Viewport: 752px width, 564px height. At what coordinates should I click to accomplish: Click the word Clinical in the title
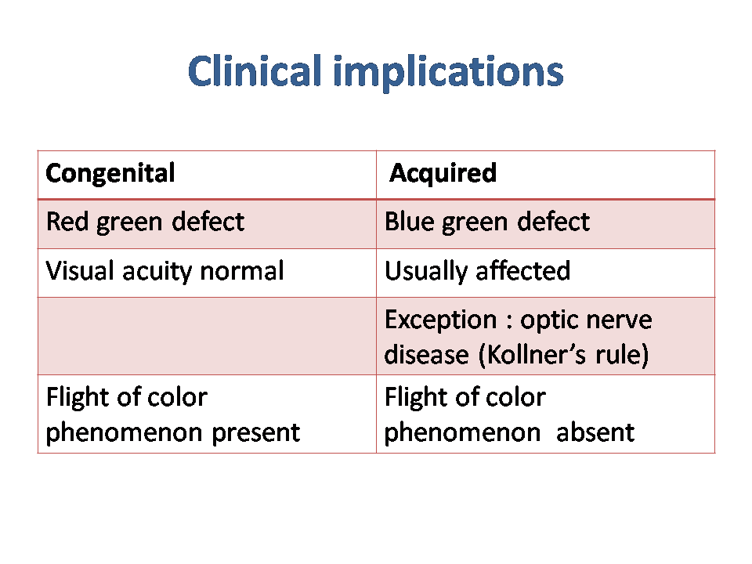click(x=255, y=71)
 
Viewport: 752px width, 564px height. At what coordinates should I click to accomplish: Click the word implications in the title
click(x=448, y=72)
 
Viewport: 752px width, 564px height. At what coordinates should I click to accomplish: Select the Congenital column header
click(x=110, y=173)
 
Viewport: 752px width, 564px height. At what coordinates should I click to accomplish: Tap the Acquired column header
click(x=443, y=173)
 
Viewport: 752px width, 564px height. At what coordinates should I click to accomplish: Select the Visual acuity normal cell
click(x=164, y=271)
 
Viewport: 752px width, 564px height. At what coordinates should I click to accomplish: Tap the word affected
click(x=522, y=270)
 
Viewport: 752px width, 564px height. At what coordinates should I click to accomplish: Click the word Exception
click(x=441, y=320)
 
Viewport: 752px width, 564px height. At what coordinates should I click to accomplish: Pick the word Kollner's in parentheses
click(x=533, y=355)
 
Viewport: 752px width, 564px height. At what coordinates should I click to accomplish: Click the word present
click(x=255, y=433)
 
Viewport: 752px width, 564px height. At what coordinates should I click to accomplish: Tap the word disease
click(x=426, y=354)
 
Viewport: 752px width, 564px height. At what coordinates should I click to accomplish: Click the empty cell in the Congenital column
click(x=207, y=336)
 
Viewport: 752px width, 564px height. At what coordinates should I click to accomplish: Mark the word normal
click(x=242, y=270)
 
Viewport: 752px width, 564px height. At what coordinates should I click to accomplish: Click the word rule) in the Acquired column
click(x=622, y=355)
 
